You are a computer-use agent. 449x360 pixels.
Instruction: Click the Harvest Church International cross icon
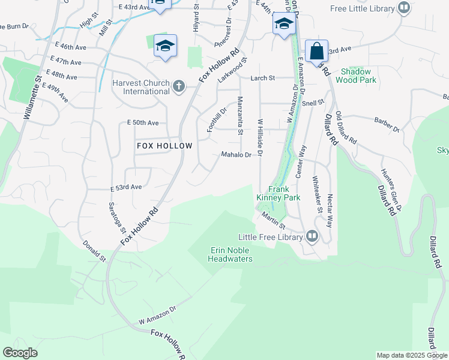178,86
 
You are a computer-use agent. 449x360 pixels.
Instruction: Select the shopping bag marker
316,51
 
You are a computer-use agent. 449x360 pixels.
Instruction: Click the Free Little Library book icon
404,8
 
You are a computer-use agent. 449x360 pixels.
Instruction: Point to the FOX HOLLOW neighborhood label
164,146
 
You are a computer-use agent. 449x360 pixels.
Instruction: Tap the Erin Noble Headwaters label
230,254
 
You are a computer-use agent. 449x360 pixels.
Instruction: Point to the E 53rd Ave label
126,187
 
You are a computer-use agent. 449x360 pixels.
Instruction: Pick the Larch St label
263,78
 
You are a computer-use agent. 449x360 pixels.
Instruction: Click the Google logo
20,353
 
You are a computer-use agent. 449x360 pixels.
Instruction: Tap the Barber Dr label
387,124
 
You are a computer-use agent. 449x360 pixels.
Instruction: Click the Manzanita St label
240,115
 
